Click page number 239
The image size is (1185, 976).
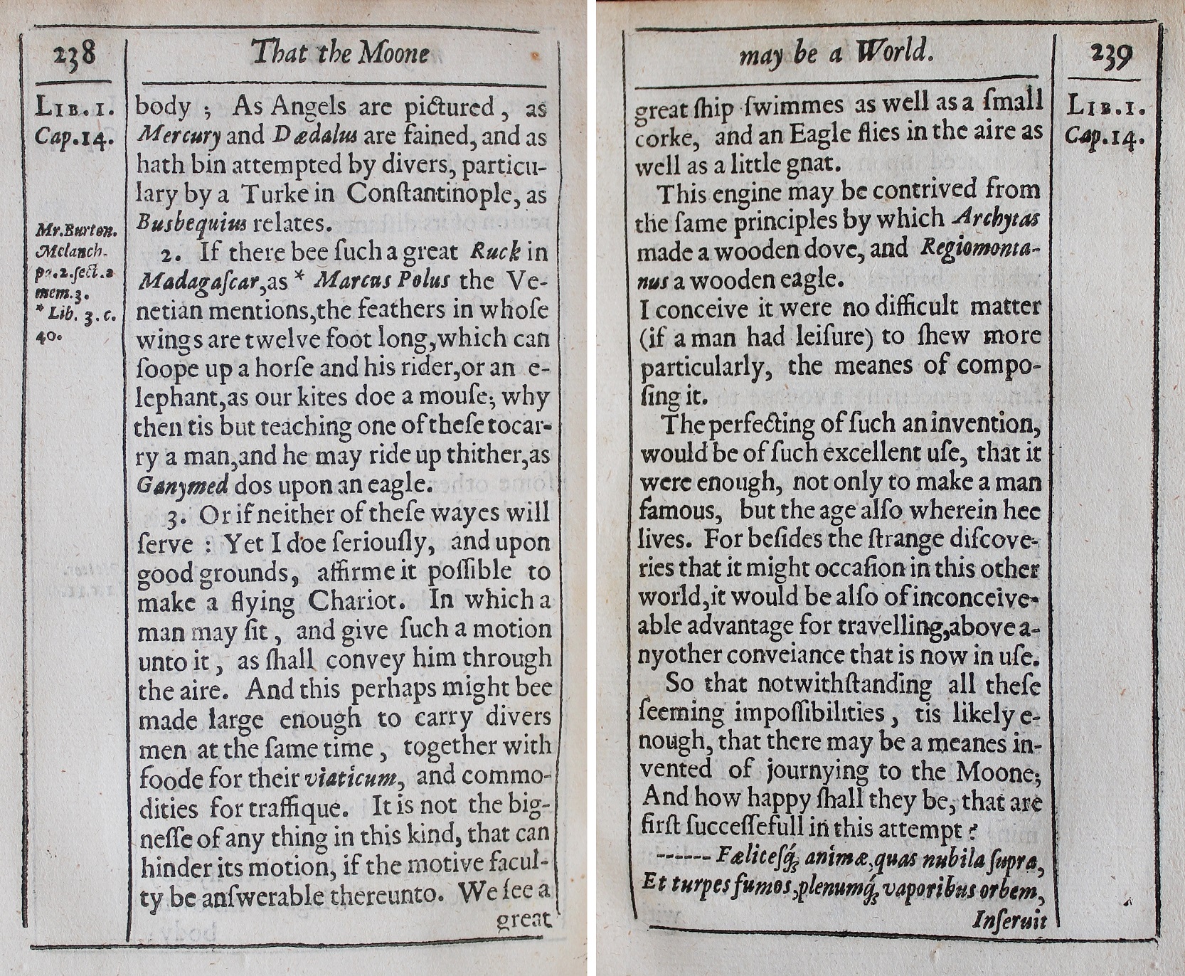1110,55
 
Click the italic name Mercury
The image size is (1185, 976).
179,136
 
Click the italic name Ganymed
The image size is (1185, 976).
182,485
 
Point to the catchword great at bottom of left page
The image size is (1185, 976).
524,921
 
